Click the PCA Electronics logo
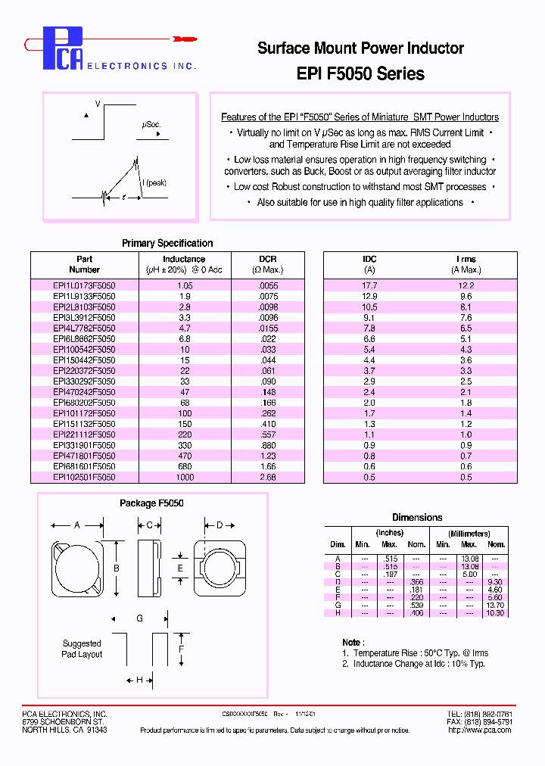[x=114, y=49]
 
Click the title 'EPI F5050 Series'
[x=360, y=74]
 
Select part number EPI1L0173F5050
[x=84, y=285]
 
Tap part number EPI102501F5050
[x=84, y=478]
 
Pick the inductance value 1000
[x=184, y=478]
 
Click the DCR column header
[x=267, y=259]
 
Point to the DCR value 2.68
[x=267, y=478]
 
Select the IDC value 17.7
[x=369, y=285]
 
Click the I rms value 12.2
[x=466, y=285]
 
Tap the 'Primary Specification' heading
[x=167, y=243]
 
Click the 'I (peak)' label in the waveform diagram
[x=154, y=182]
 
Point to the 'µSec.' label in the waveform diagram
[x=151, y=124]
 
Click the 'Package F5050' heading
[x=151, y=503]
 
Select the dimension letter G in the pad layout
[x=139, y=618]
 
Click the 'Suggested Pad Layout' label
[x=82, y=649]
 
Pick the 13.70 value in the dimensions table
[x=495, y=606]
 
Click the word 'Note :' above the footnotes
[x=352, y=642]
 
